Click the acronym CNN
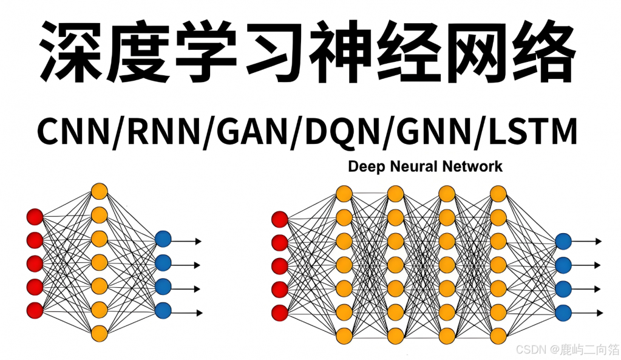coord(71,132)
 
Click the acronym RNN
coord(160,132)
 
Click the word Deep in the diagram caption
coord(365,166)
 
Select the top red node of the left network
coord(35,217)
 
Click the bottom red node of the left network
coord(35,310)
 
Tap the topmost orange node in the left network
coord(99,191)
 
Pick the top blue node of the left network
coord(163,239)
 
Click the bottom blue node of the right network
coord(563,313)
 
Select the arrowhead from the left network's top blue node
coord(198,242)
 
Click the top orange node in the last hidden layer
coord(498,194)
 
